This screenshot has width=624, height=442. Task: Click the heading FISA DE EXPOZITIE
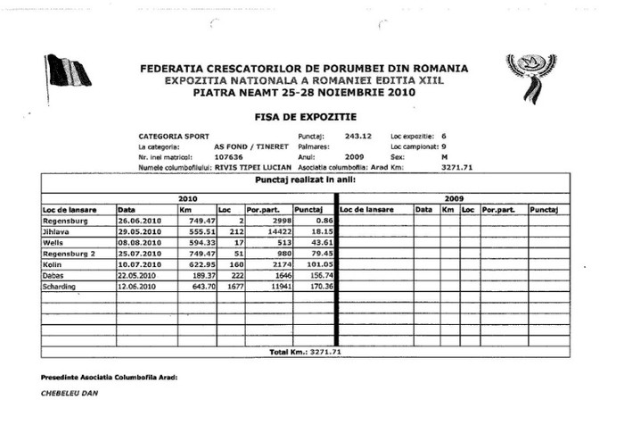click(x=311, y=116)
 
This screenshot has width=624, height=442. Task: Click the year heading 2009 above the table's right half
click(x=454, y=198)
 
